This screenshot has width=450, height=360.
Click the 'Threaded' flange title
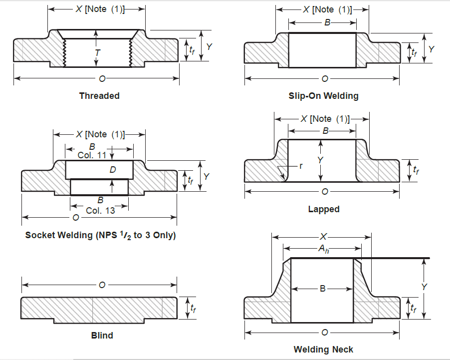point(99,95)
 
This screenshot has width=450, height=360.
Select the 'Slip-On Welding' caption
point(323,95)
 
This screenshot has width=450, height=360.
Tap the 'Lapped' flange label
point(323,209)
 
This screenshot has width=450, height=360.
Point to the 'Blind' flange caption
point(102,335)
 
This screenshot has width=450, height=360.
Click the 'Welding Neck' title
point(323,349)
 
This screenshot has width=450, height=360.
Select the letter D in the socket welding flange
point(113,170)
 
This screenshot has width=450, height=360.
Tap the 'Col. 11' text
point(92,155)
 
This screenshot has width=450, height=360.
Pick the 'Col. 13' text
point(100,210)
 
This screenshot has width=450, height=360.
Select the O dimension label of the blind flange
point(102,285)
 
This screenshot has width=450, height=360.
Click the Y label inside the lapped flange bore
point(321,160)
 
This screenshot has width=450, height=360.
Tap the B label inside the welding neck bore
point(322,288)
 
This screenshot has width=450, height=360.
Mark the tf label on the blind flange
point(193,308)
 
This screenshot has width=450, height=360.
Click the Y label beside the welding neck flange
point(425,287)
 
